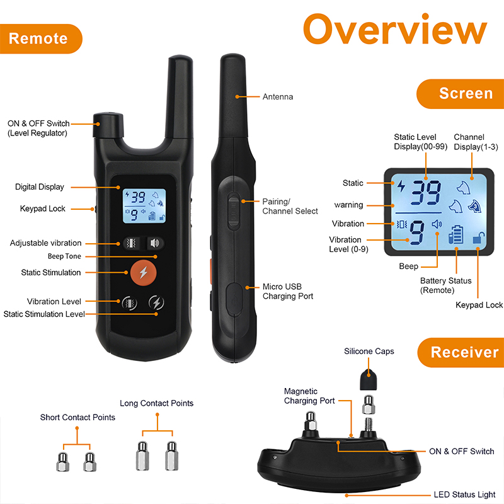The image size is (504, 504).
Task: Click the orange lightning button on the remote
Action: [x=144, y=272]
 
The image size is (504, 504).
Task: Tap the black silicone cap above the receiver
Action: [x=369, y=380]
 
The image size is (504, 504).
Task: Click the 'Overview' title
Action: [x=395, y=30]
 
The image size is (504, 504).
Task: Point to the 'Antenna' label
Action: [x=278, y=97]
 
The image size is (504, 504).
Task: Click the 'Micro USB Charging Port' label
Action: [x=288, y=291]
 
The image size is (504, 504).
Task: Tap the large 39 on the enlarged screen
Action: [x=426, y=192]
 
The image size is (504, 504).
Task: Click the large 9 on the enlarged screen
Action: [x=417, y=232]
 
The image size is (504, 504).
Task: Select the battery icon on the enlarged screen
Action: [x=455, y=234]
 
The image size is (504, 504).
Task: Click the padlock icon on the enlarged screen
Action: [x=479, y=238]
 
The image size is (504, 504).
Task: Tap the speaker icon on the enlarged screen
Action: [x=437, y=224]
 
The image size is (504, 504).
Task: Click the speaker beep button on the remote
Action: [x=155, y=243]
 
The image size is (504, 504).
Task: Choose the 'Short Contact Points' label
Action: [x=77, y=417]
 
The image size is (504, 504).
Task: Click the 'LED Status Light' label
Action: [x=464, y=495]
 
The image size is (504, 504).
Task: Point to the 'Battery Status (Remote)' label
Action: [x=445, y=285]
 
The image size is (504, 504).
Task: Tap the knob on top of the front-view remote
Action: [x=108, y=125]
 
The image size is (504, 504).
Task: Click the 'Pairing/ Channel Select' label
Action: [x=290, y=207]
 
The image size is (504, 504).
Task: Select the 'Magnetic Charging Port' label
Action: [x=309, y=396]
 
